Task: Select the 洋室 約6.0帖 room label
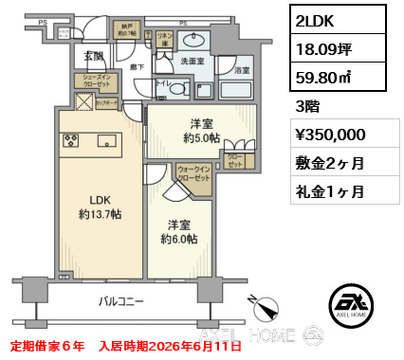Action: pos(178,232)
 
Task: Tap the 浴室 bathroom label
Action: pos(242,71)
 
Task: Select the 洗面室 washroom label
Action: pos(193,61)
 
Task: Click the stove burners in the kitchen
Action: pos(71,141)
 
